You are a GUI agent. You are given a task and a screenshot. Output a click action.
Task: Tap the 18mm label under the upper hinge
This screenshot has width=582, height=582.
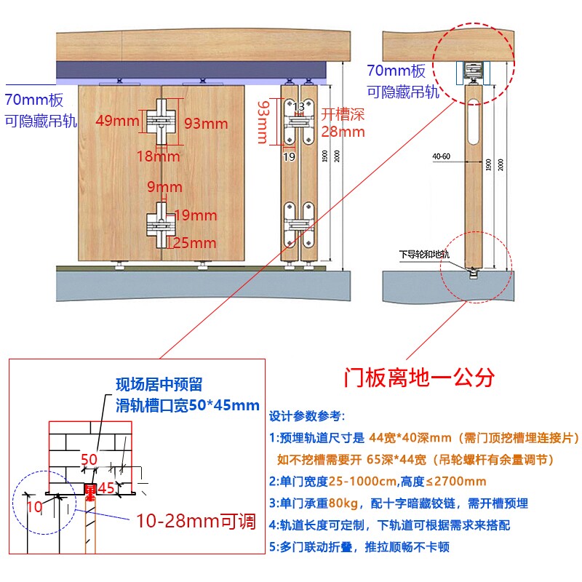159,156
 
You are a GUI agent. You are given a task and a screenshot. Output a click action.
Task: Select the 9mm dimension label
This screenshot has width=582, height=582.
164,188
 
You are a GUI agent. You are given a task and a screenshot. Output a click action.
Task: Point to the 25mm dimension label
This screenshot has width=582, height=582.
195,243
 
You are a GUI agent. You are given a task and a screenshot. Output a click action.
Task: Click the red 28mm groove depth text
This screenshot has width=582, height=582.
343,132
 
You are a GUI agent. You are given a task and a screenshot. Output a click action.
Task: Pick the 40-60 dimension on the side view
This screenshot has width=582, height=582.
441,156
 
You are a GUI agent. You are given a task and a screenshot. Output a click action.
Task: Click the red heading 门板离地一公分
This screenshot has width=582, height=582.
419,378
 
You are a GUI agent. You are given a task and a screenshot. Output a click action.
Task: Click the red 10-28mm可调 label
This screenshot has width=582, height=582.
196,521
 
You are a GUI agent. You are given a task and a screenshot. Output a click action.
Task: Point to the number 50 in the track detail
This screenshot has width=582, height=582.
89,459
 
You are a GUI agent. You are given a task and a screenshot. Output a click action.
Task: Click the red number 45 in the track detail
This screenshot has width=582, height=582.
106,487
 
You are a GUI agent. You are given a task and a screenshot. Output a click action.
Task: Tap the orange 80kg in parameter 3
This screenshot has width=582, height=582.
338,503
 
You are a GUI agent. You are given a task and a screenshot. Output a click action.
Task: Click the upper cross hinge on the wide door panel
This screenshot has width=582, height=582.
159,121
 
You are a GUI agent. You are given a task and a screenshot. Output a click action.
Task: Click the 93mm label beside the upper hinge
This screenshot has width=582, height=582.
205,124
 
